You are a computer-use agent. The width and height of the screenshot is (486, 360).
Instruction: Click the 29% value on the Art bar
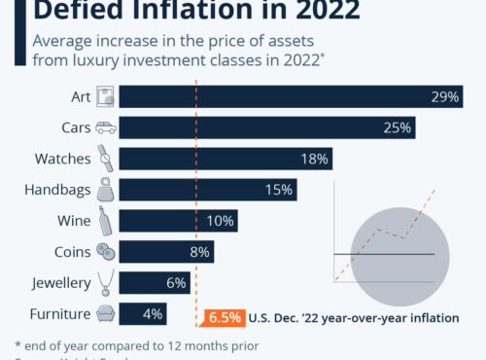446,96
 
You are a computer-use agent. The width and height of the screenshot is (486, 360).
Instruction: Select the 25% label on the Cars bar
398,127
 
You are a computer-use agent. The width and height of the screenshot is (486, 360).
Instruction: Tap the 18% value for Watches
315,159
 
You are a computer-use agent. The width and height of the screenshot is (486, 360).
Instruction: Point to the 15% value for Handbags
278,190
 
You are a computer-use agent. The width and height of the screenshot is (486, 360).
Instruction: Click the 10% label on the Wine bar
220,221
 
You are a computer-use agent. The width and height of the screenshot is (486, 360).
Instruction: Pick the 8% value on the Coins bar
199,252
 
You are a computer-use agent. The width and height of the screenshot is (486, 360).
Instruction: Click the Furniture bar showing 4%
145,314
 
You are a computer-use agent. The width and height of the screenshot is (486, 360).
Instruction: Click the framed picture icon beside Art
106,96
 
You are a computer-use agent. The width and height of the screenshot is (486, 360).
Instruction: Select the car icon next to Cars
106,127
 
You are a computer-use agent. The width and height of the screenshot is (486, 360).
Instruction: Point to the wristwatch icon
106,159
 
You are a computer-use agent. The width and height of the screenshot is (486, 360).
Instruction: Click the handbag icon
106,190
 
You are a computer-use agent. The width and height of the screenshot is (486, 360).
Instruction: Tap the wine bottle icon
106,221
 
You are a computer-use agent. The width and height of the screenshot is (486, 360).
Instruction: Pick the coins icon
106,252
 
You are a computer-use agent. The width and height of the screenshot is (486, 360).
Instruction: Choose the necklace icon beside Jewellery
106,283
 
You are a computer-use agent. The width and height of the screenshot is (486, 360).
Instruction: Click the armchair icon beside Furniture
106,314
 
